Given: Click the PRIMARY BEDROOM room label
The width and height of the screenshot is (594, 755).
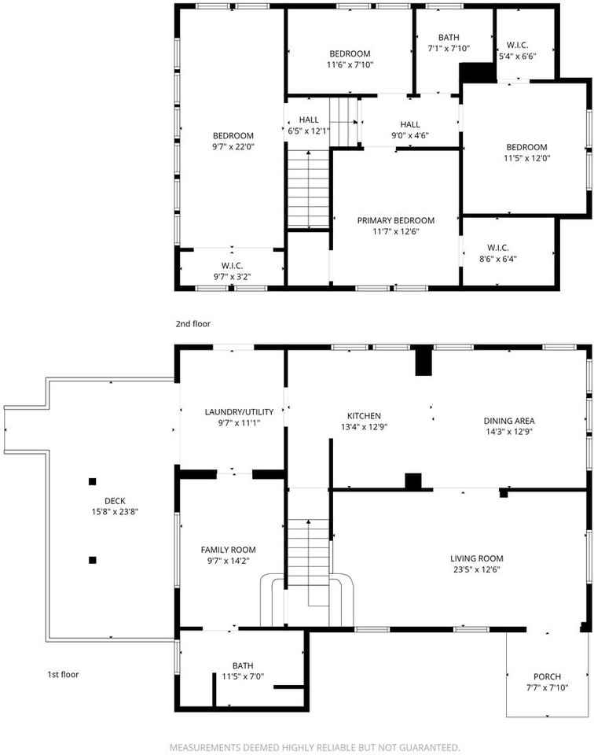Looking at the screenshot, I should pos(395,220).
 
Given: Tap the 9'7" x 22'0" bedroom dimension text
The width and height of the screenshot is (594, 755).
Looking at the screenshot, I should pos(233,146).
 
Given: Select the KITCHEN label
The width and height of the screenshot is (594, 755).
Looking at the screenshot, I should pos(365,416).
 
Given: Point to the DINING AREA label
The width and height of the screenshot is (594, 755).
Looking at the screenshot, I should pos(508,421).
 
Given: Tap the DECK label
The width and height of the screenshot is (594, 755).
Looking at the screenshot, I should pos(115,501).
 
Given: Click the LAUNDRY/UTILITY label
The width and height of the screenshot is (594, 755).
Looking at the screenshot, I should pos(239,411).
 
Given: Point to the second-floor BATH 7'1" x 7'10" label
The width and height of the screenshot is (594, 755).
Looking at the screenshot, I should pos(449,37).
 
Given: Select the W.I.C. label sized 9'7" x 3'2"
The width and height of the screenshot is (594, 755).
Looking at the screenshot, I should pos(233,265).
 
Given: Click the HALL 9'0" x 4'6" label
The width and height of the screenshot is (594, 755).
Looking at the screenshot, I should pos(410,124).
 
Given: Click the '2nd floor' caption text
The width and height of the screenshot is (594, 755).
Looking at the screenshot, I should pos(192,323).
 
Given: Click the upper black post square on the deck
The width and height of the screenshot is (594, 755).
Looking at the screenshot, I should pos(93,481).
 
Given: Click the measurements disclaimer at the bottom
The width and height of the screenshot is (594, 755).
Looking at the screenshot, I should pos(314,746).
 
